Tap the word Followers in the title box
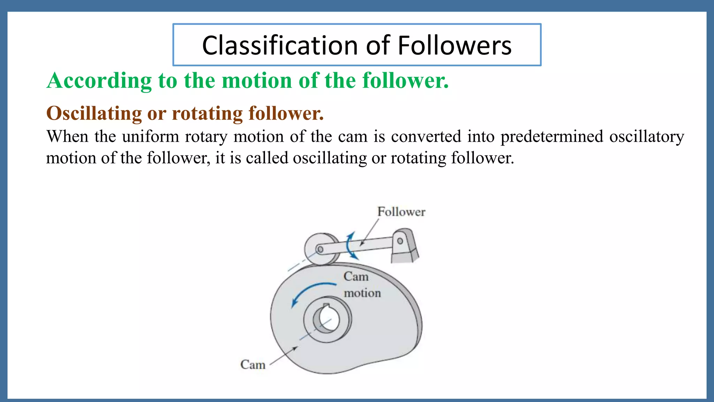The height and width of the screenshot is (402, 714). coord(454,46)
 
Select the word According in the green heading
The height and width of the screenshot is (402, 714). coord(99,81)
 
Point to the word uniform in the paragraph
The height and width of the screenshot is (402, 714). coord(151,136)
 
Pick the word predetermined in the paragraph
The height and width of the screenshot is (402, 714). coord(552,136)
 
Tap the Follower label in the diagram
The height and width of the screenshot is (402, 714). coord(401,212)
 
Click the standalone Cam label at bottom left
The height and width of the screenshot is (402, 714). coord(253,365)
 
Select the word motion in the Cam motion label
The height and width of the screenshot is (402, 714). coord(362,293)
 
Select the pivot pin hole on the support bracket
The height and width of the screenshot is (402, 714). coord(400,241)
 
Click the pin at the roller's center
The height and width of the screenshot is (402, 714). coord(320,250)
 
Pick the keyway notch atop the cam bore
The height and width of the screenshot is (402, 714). coord(326,306)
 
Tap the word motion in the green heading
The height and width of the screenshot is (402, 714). coord(257,81)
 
